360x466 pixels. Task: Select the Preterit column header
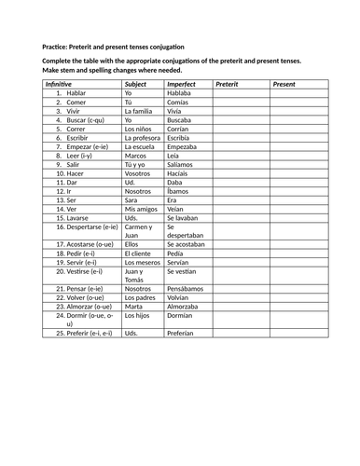(228, 84)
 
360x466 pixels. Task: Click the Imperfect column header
(182, 84)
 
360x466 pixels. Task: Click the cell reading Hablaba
(180, 94)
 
